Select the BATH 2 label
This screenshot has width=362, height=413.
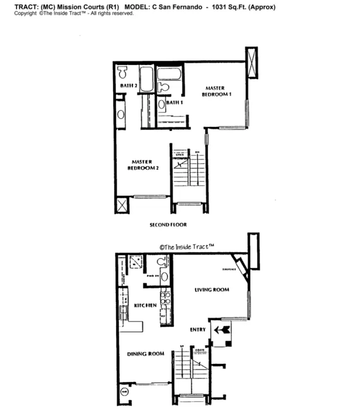pos(128,86)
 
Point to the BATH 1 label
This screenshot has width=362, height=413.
pos(175,103)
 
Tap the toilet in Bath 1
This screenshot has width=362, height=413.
pos(163,86)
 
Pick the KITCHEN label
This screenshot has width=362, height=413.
pos(145,305)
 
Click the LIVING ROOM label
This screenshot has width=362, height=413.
pos(212,290)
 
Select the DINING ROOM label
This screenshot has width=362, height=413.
pos(145,354)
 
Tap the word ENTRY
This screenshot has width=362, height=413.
pos(198,329)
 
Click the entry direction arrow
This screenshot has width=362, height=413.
pos(221,329)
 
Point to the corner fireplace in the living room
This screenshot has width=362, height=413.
pos(242,268)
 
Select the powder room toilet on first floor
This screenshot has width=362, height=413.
pos(163,262)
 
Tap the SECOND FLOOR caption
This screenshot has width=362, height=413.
pos(168,225)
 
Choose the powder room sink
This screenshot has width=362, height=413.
pos(164,276)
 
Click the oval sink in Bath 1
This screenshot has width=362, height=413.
pos(161,104)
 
